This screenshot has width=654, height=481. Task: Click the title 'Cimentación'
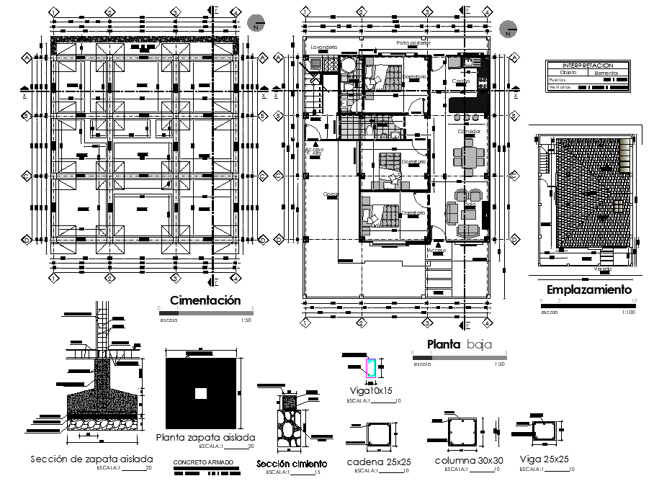point(205,300)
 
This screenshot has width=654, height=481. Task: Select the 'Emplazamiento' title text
point(588,290)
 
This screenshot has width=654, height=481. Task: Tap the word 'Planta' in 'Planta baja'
point(444,344)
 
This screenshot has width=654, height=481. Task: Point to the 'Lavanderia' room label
point(323,47)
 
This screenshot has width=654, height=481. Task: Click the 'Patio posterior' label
point(413,43)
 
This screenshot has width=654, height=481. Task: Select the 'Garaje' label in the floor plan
point(331,194)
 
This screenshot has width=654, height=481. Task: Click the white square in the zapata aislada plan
point(201,393)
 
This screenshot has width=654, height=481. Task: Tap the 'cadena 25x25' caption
point(379,462)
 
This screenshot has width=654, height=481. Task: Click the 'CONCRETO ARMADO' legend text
point(205,461)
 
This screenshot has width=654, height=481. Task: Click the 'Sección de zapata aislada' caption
point(91,459)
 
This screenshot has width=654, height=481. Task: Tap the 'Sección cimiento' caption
point(292,464)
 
